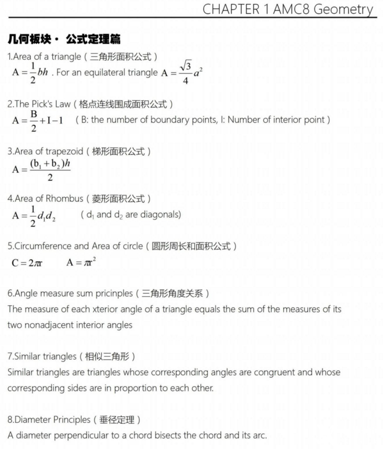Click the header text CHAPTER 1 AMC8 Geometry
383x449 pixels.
point(288,10)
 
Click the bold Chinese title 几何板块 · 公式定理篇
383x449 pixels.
point(64,39)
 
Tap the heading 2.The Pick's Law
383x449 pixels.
point(39,104)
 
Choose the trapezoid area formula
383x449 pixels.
point(41,168)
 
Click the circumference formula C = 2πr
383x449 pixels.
point(27,262)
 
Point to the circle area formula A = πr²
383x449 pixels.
point(81,262)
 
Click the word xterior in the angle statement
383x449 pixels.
point(124,309)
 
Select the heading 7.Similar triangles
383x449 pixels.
point(42,356)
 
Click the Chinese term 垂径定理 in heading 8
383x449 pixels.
point(116,419)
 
